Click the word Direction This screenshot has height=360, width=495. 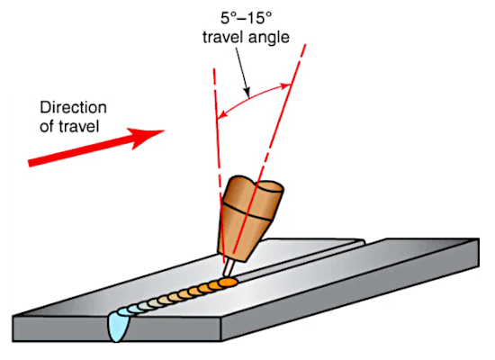(x=73, y=108)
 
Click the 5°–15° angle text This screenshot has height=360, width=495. (x=246, y=18)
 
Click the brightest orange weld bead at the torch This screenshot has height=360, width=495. (x=228, y=283)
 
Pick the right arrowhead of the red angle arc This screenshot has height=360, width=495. (x=285, y=85)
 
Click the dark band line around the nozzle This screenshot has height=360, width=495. (x=247, y=211)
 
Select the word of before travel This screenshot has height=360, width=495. (x=47, y=127)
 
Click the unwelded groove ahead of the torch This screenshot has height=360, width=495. (x=300, y=259)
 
